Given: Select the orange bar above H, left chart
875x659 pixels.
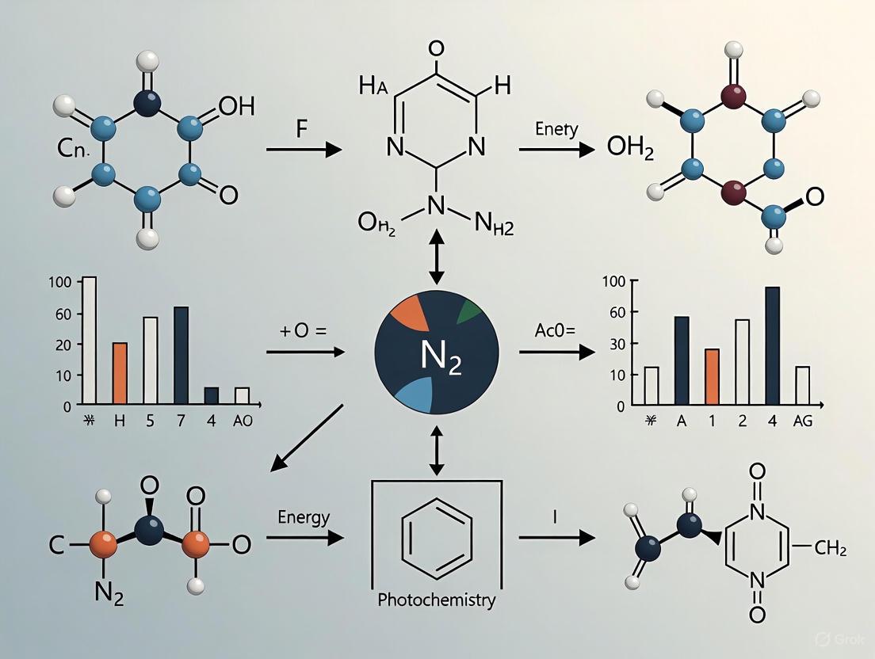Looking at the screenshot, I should pyautogui.click(x=120, y=373).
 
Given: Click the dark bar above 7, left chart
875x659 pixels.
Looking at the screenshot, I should pyautogui.click(x=181, y=355).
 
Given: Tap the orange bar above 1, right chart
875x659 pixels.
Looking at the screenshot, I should pyautogui.click(x=712, y=376).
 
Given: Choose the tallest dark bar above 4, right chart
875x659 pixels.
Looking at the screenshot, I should pyautogui.click(x=772, y=345).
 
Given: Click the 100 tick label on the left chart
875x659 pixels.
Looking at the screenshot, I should pyautogui.click(x=60, y=282).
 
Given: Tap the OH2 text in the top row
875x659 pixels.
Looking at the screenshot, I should pyautogui.click(x=631, y=148).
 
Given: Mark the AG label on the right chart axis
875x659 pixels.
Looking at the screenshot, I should pyautogui.click(x=802, y=421).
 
